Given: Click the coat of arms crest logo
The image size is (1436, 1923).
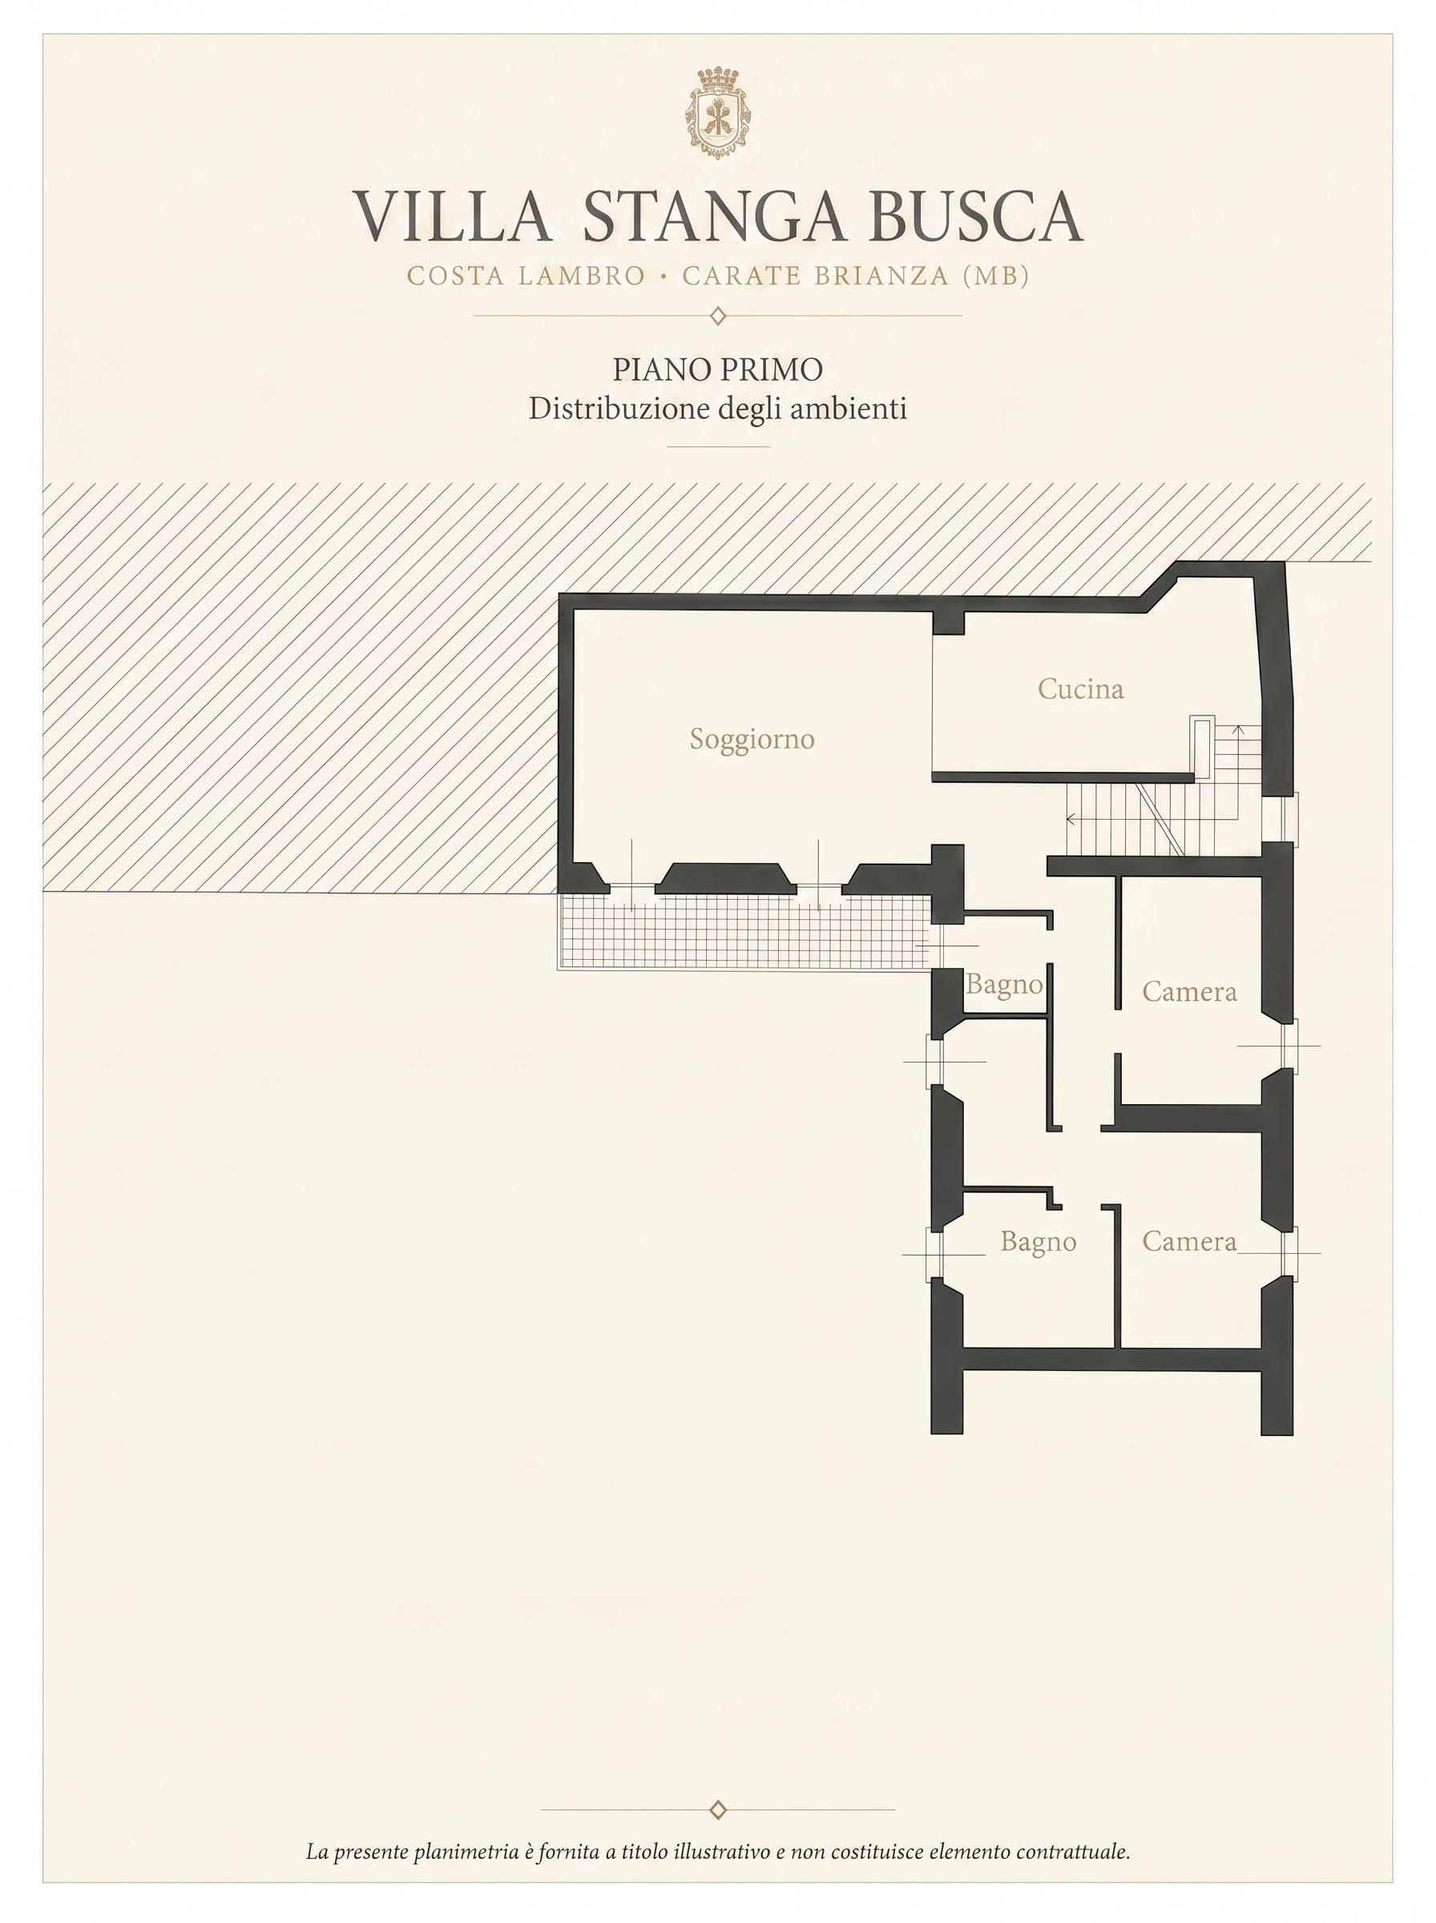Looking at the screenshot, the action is click(x=718, y=113).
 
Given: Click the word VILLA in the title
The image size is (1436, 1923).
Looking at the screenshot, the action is click(x=452, y=216).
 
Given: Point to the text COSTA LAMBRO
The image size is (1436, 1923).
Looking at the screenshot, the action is click(x=526, y=276).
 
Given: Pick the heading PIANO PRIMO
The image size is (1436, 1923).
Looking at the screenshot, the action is click(x=718, y=370).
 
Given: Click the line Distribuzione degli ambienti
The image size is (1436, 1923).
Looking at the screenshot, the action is click(x=718, y=409).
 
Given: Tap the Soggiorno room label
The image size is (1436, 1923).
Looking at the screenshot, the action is click(x=752, y=740).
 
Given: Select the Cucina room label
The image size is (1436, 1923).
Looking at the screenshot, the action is click(x=1080, y=689).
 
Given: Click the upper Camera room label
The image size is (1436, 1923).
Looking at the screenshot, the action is click(x=1189, y=991).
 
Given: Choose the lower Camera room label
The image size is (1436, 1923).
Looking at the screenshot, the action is click(x=1189, y=1241).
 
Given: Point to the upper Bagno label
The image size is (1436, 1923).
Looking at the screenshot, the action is click(x=1004, y=986).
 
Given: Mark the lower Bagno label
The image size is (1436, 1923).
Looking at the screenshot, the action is click(x=1038, y=1243).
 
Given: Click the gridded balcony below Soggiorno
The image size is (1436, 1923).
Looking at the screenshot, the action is click(x=744, y=932).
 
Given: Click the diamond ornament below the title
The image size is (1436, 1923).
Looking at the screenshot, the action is click(x=718, y=316).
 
